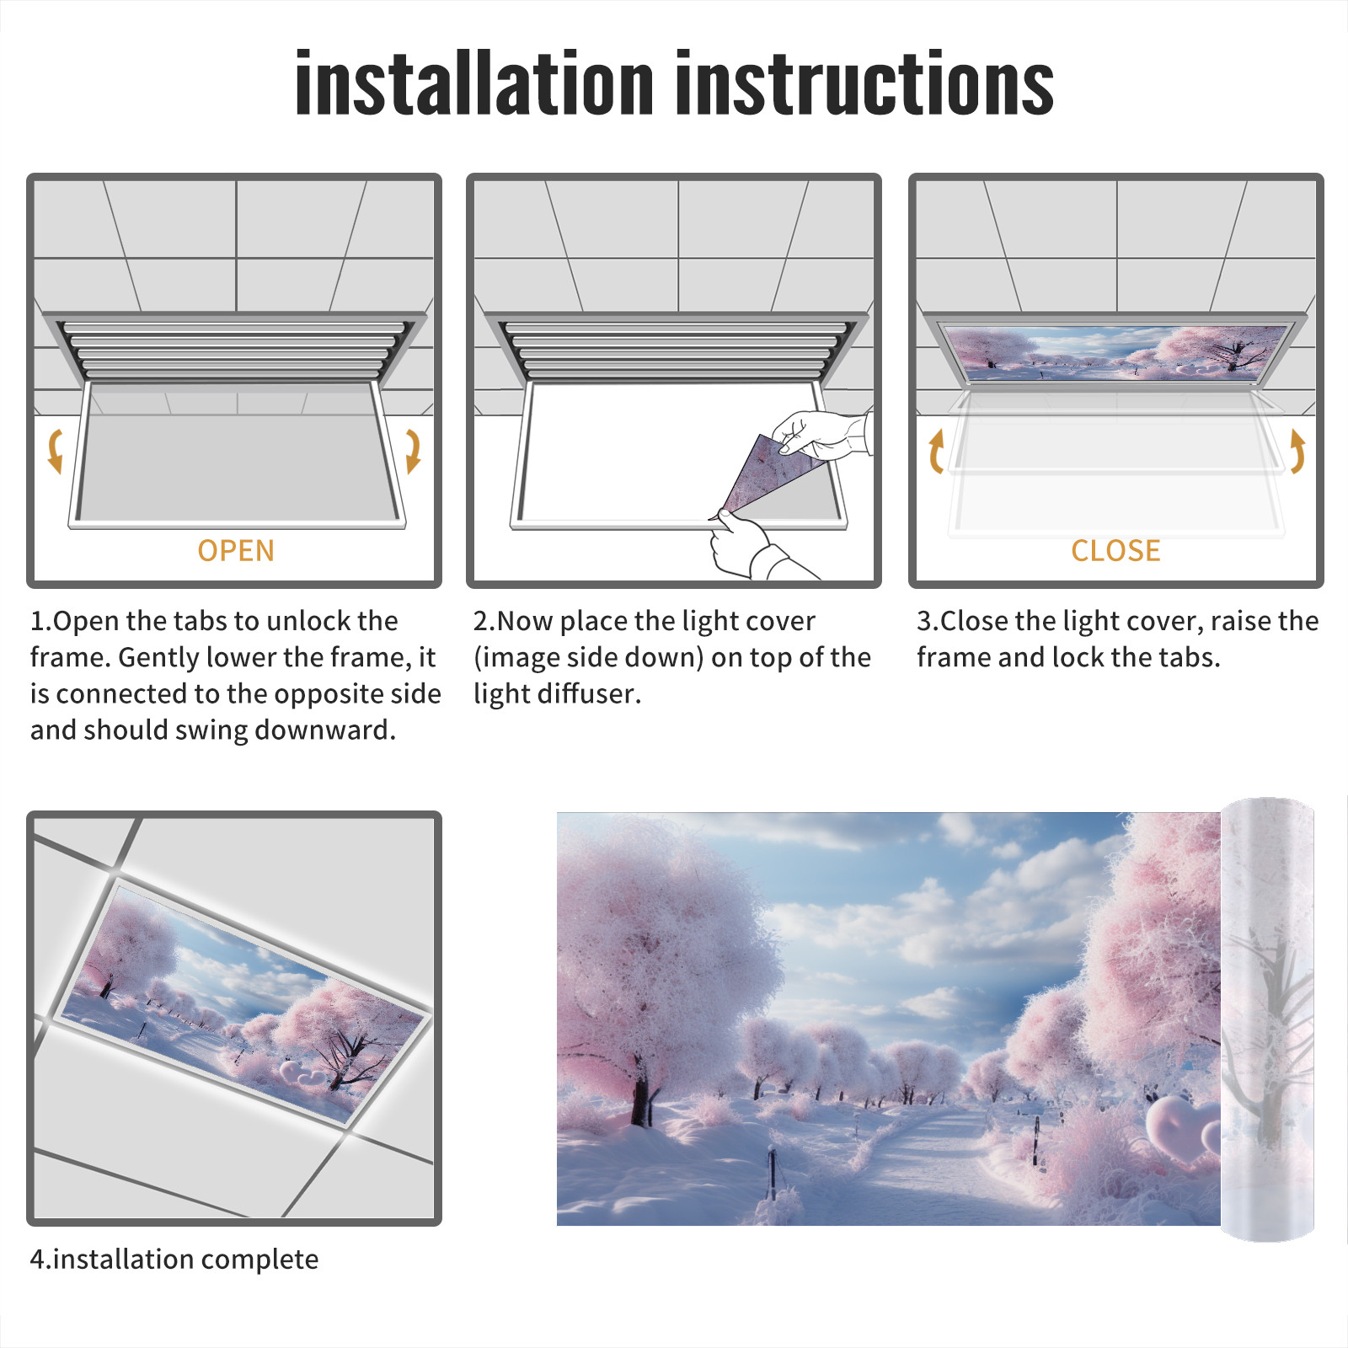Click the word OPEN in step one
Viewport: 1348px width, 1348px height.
[236, 550]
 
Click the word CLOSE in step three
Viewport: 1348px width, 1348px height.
[1115, 550]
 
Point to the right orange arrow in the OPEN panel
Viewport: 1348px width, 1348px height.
[413, 451]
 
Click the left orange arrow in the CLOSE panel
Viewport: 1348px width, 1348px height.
[936, 451]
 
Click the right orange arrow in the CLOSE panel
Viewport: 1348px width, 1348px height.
[1297, 451]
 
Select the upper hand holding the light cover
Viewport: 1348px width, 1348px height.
[821, 434]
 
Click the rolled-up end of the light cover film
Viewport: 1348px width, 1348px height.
[1267, 1019]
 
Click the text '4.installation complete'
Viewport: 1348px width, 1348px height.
[174, 1259]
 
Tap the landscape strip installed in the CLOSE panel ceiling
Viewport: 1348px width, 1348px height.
[1115, 351]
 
